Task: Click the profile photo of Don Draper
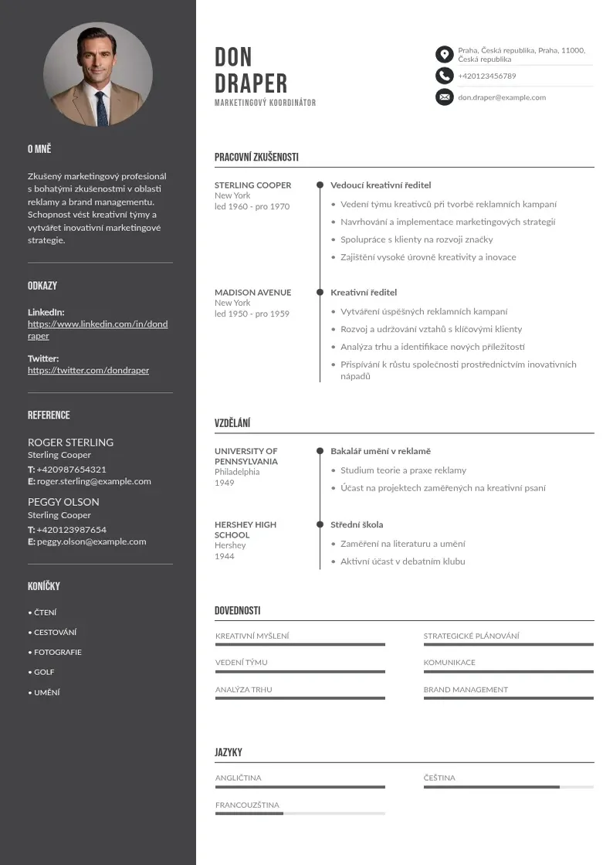tap(98, 75)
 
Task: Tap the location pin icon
tap(444, 54)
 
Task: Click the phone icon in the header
tap(444, 76)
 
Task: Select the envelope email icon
tap(444, 97)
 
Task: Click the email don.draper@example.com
tap(502, 97)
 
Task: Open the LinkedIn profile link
tap(97, 330)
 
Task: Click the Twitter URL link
tap(88, 370)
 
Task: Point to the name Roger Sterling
tap(70, 443)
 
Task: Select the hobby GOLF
tap(44, 672)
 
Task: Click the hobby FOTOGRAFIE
tap(57, 652)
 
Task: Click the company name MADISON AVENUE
tap(252, 293)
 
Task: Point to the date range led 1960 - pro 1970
tap(252, 207)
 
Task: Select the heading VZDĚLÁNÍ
tap(232, 423)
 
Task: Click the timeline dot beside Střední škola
tap(320, 524)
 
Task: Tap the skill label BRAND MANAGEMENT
tap(466, 690)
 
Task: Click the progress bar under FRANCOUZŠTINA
tap(300, 813)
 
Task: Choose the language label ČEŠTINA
tap(439, 778)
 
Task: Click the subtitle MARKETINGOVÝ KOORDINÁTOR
tap(265, 103)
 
